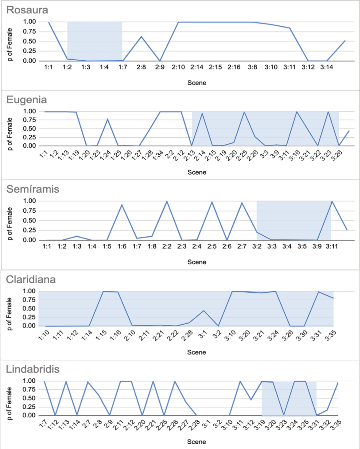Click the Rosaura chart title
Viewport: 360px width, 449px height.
pos(27,10)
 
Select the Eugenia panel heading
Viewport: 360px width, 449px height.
pos(27,100)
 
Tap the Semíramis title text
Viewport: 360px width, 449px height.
pos(33,189)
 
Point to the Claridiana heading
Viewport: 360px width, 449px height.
pos(31,280)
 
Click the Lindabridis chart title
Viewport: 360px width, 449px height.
pos(33,369)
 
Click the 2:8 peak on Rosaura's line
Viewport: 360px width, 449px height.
pos(141,37)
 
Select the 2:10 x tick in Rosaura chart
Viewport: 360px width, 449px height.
pos(178,67)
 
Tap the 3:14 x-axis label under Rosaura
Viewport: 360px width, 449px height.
pos(327,67)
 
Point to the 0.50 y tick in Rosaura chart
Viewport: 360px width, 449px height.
pos(29,41)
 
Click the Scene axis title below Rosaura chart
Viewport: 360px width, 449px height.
pos(197,83)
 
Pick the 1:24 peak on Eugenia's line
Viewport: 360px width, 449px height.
pos(107,119)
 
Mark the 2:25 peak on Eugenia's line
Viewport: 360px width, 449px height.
pos(244,112)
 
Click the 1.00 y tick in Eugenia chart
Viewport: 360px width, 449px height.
pos(29,111)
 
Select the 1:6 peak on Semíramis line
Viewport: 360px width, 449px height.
pos(122,205)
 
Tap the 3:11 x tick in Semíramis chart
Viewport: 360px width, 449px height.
pos(332,247)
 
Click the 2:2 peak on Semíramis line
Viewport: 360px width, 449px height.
pos(167,201)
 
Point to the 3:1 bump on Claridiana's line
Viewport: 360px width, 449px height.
pos(204,311)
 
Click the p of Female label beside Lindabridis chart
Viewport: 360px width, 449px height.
pos(10,403)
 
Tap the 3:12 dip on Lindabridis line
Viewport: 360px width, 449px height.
pos(251,400)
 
